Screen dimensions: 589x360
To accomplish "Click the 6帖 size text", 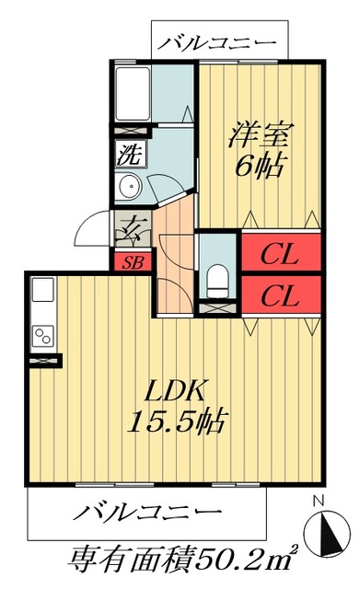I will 259,167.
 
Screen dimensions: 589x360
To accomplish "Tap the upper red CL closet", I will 280,252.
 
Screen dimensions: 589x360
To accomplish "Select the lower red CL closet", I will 280,295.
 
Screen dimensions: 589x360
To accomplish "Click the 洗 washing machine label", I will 128,154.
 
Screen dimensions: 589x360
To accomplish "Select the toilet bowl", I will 217,276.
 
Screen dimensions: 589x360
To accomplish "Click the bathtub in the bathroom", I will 133,92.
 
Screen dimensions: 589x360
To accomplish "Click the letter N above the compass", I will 319,502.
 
